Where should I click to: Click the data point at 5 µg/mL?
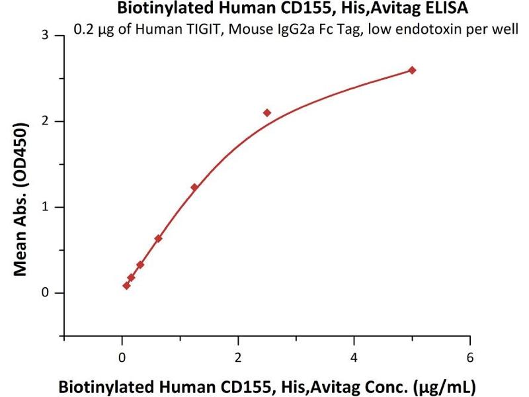click(412, 70)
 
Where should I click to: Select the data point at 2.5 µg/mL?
click(267, 113)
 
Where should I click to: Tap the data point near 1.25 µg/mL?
click(194, 187)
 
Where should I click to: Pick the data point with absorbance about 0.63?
click(158, 239)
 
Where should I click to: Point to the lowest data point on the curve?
click(126, 286)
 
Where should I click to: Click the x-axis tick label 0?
click(122, 358)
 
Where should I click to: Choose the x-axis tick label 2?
click(238, 358)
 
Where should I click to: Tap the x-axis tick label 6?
click(470, 358)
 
